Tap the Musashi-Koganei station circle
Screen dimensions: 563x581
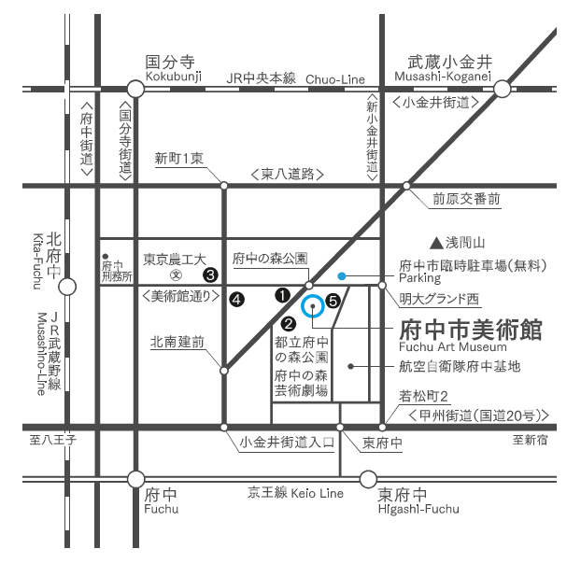[503, 89]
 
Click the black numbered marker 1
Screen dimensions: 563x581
[281, 294]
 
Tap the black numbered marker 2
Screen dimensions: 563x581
[289, 323]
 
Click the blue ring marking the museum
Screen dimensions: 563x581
[313, 305]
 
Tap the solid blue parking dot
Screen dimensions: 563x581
[343, 275]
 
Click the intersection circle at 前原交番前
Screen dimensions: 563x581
[407, 185]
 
